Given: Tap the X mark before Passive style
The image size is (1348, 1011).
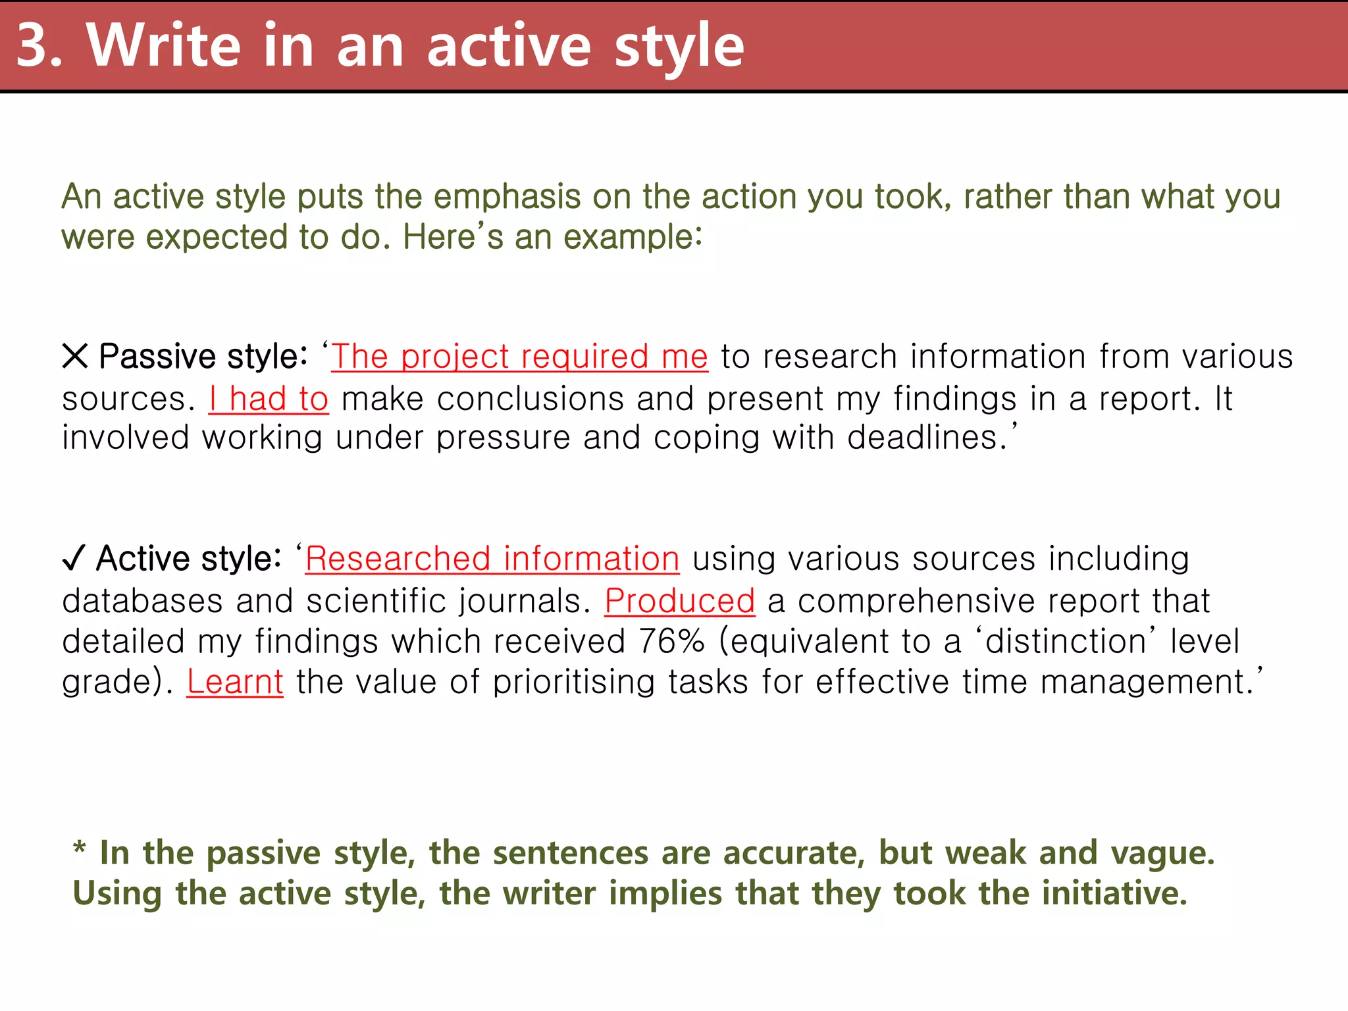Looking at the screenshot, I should click(x=74, y=356).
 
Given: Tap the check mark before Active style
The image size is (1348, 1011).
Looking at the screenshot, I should click(x=73, y=559).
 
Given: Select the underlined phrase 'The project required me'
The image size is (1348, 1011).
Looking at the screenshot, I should click(x=519, y=357).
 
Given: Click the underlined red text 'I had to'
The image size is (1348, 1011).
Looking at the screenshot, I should click(x=269, y=399).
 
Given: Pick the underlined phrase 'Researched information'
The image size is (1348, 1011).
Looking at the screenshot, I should click(x=492, y=559).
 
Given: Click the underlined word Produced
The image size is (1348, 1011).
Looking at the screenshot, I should click(x=679, y=600).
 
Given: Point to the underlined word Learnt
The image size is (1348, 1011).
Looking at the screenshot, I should click(x=235, y=681).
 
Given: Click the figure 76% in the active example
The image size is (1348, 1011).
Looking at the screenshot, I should click(x=671, y=641).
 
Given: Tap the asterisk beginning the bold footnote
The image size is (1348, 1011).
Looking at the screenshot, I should click(x=80, y=848).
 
